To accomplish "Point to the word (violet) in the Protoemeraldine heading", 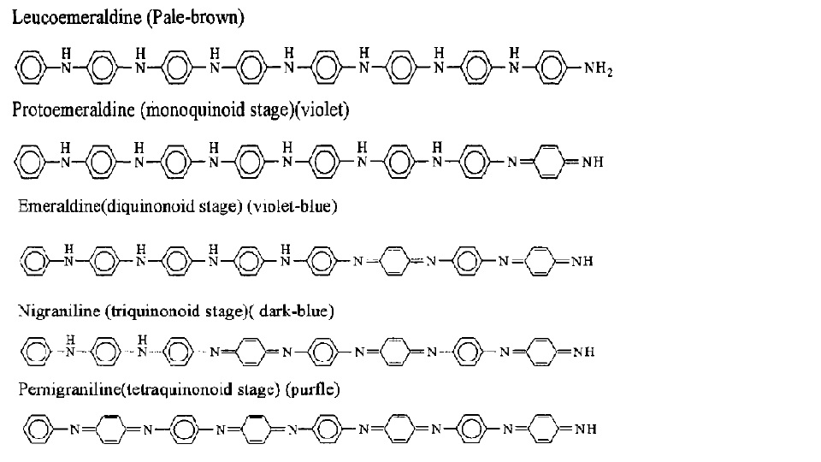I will [x=321, y=111].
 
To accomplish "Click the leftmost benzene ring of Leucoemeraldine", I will [x=28, y=67].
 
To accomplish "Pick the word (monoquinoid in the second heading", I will [x=183, y=111].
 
